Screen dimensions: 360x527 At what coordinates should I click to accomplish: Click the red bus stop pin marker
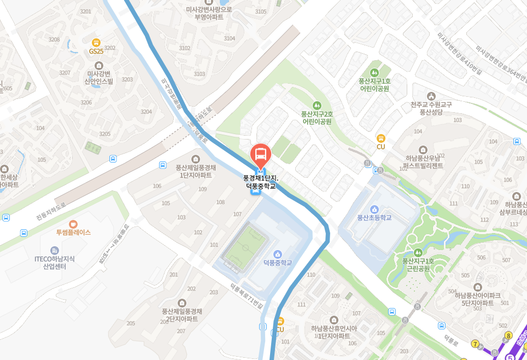pos(261,154)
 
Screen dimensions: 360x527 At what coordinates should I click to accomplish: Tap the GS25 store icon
pos(96,42)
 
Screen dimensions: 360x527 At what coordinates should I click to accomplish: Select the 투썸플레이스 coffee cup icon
pos(73,224)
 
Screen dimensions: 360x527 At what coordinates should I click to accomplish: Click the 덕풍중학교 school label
pos(278,263)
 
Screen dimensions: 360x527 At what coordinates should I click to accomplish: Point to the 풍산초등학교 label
pos(374,217)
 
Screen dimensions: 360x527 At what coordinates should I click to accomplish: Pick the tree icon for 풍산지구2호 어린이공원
pos(316,105)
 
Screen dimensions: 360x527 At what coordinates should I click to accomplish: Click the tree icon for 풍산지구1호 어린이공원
pos(374,72)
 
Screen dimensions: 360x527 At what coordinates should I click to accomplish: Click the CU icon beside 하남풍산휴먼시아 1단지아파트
pos(280,321)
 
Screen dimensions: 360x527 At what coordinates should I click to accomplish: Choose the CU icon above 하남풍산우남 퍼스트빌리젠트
pos(381,138)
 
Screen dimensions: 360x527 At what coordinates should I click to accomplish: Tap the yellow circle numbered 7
pos(476,344)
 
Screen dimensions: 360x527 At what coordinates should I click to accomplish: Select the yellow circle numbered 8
pos(508,336)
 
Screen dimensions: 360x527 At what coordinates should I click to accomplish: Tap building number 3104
pos(230,38)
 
